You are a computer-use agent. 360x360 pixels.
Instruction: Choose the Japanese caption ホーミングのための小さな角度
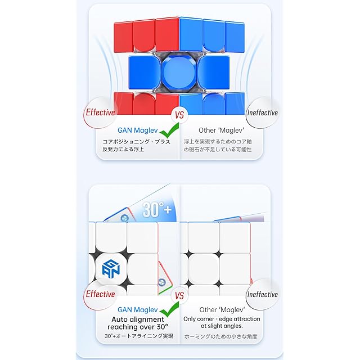(220, 336)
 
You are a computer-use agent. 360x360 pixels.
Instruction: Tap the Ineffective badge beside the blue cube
(263, 112)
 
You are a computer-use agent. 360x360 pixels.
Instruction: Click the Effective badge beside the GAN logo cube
(100, 294)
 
